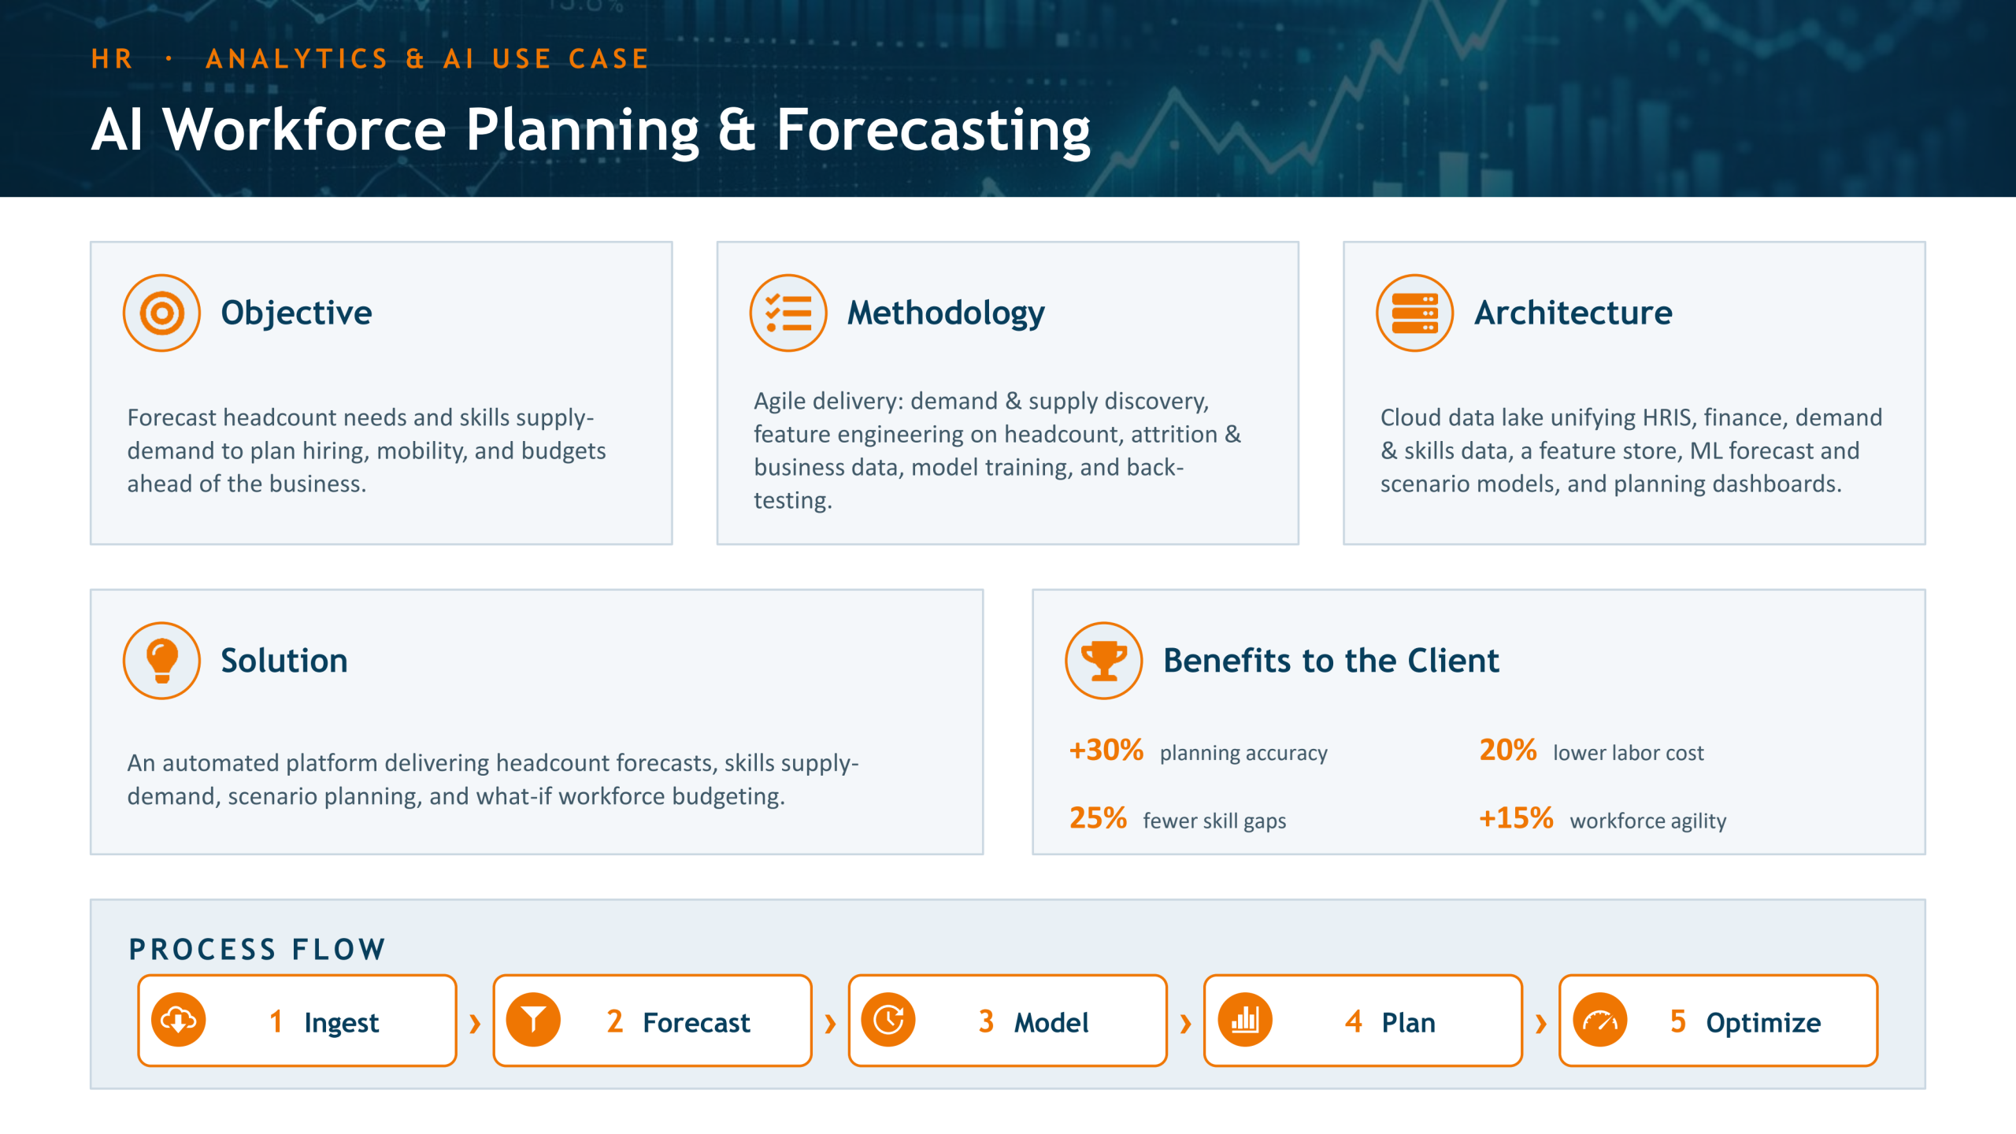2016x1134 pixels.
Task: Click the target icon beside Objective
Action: [x=161, y=313]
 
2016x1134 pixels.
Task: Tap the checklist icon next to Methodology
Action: [x=788, y=313]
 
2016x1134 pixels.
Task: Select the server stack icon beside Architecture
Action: [x=1414, y=313]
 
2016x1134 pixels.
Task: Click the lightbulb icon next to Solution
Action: [x=161, y=661]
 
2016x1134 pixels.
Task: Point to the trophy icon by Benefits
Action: [x=1103, y=661]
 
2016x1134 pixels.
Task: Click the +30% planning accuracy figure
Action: [x=1106, y=750]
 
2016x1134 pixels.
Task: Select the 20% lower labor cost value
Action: [x=1507, y=750]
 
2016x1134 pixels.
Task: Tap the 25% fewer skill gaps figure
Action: [x=1098, y=818]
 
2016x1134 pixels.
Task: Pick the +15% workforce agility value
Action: [x=1516, y=818]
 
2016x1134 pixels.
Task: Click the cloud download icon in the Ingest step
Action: [x=179, y=1021]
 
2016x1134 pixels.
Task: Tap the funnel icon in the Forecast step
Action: [x=533, y=1021]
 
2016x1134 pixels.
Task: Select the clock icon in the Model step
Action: [x=888, y=1021]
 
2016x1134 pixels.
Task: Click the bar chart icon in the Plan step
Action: [x=1244, y=1021]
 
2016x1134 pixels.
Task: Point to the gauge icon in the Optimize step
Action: [x=1599, y=1021]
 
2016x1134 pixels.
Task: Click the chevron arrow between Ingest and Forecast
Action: [x=475, y=1024]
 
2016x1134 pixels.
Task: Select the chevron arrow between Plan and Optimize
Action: [x=1541, y=1024]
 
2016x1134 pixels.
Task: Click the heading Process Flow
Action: [x=257, y=950]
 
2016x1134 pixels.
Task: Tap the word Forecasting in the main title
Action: [x=933, y=131]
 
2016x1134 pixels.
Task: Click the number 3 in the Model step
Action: [x=986, y=1021]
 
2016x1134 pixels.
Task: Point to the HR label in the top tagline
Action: [x=112, y=59]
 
